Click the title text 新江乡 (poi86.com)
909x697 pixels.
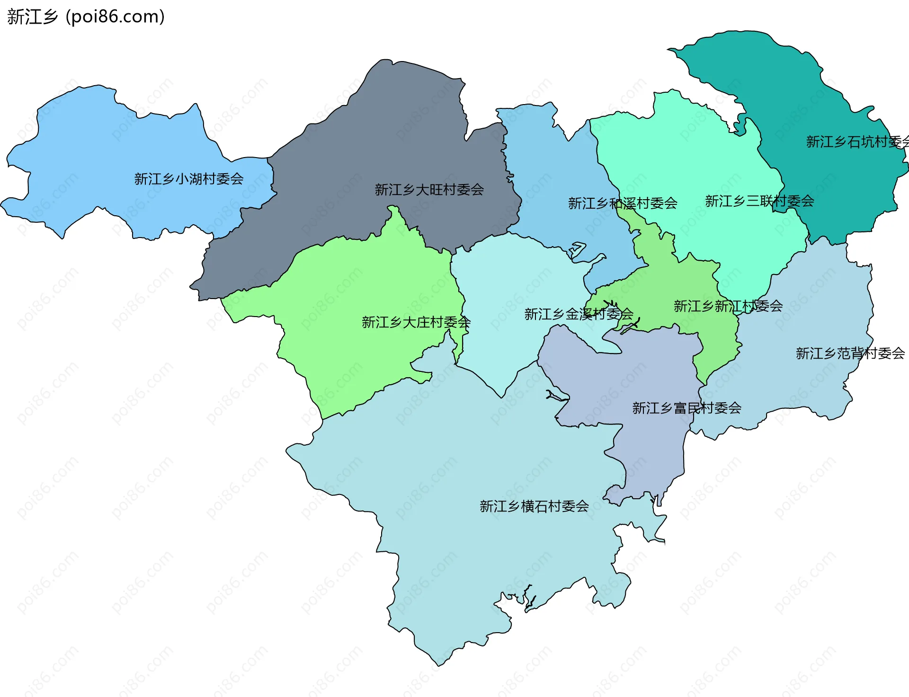[x=86, y=17]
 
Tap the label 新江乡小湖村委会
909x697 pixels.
[x=188, y=179]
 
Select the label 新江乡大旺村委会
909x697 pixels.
[x=429, y=190]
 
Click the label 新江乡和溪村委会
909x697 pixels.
[x=622, y=203]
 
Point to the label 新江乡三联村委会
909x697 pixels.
[x=759, y=201]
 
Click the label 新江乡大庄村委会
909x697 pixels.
[x=416, y=322]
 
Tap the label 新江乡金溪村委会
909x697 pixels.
[x=578, y=314]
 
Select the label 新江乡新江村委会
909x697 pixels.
[x=728, y=306]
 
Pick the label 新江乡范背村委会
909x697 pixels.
[x=850, y=353]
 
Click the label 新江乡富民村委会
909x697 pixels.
[x=686, y=408]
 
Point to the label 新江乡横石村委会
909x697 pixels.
[x=534, y=506]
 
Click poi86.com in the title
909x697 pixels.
[x=115, y=17]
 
